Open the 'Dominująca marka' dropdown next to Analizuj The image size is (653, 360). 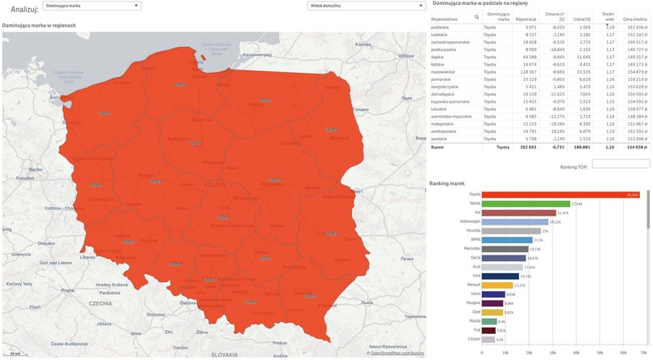click(x=92, y=6)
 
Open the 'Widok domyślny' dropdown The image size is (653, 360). click(x=366, y=6)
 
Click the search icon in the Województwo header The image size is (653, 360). click(x=476, y=17)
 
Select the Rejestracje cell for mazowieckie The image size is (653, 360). click(x=526, y=71)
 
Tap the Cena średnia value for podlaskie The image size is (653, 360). click(x=634, y=27)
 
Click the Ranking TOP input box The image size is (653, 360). click(x=621, y=164)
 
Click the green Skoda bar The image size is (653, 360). click(x=526, y=204)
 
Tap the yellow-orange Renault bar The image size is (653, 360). click(x=498, y=285)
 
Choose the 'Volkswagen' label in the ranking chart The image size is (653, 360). click(x=470, y=221)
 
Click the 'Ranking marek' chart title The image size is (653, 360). click(x=446, y=183)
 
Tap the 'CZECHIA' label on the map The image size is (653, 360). click(x=101, y=303)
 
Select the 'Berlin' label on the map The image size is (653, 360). click(x=35, y=169)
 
